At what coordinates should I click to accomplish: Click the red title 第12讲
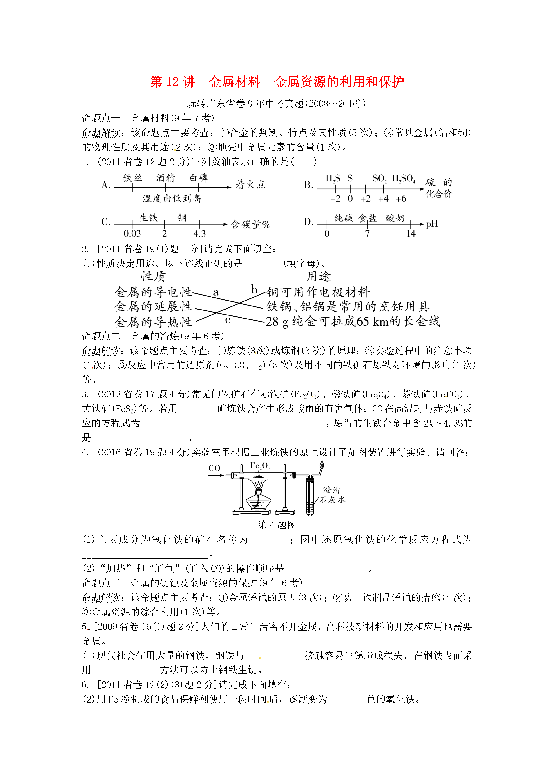click(172, 82)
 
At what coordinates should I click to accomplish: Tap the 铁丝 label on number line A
click(132, 178)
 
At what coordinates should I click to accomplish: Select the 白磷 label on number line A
click(199, 178)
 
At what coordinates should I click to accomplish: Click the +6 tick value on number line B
click(401, 198)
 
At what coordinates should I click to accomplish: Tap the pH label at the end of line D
click(432, 224)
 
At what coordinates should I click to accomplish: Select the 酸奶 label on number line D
click(395, 218)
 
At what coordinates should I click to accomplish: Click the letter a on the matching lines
click(216, 292)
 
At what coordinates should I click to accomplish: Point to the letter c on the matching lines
click(228, 320)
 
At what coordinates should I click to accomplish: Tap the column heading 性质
click(153, 276)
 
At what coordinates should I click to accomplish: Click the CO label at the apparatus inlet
click(214, 468)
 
